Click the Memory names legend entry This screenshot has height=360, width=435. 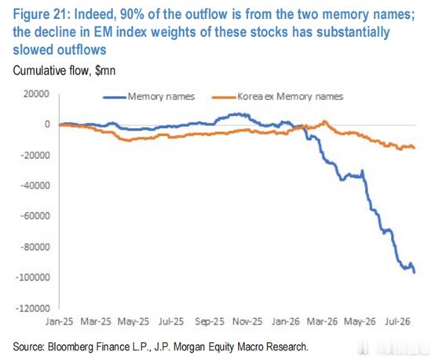pyautogui.click(x=148, y=97)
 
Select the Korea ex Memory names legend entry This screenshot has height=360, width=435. pyautogui.click(x=278, y=97)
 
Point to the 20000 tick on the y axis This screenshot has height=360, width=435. pyautogui.click(x=36, y=94)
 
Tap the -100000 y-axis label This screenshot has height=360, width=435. pyautogui.click(x=33, y=277)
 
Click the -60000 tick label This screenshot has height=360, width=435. pyautogui.click(x=35, y=216)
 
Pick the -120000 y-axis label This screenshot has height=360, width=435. pyautogui.click(x=33, y=308)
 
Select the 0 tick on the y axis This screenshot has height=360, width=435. pyautogui.click(x=47, y=124)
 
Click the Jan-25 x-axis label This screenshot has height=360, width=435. pyautogui.click(x=59, y=321)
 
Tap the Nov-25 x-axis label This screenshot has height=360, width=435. pyautogui.click(x=247, y=321)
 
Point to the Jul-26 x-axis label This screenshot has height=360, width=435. pyautogui.click(x=397, y=321)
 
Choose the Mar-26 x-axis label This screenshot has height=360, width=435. pyautogui.click(x=322, y=321)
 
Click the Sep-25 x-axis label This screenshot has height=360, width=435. pyautogui.click(x=210, y=321)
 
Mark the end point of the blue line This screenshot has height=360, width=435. pyautogui.click(x=415, y=273)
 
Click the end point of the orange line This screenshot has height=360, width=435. pyautogui.click(x=415, y=148)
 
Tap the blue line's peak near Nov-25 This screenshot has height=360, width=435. pyautogui.click(x=237, y=114)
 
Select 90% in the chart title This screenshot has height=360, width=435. pyautogui.click(x=133, y=14)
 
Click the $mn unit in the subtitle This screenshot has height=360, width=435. pyautogui.click(x=105, y=71)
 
